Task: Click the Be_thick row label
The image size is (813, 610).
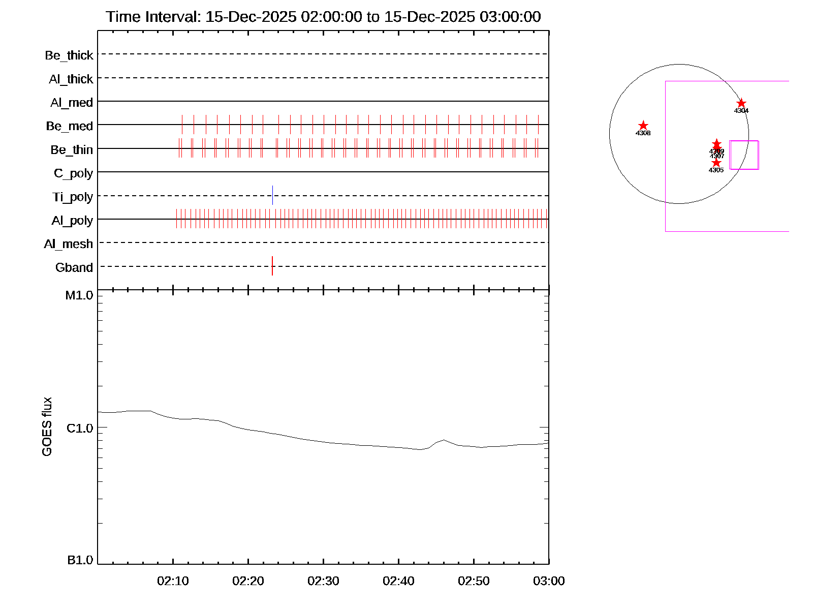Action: (69, 55)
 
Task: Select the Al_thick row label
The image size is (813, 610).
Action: (71, 79)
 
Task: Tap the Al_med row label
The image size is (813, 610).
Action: (72, 103)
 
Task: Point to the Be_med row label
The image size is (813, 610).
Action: (70, 126)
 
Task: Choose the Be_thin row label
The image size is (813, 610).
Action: (72, 150)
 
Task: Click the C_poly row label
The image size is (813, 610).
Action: (74, 173)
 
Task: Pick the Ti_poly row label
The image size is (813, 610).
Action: (73, 197)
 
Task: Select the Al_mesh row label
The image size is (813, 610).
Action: (69, 244)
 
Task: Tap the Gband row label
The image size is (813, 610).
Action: (74, 267)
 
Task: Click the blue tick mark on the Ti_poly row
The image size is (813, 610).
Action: (272, 195)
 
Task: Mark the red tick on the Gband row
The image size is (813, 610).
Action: (272, 266)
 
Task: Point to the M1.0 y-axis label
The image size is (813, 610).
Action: (79, 295)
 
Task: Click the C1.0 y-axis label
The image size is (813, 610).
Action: (80, 429)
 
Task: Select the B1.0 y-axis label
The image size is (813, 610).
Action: (80, 560)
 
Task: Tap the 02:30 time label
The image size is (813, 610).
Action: (323, 581)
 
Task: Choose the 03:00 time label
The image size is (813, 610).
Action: (549, 581)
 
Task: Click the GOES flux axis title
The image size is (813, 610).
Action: (47, 427)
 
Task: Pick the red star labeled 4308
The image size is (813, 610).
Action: (643, 126)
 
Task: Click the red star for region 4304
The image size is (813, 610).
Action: (741, 103)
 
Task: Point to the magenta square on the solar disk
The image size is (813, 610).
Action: (744, 155)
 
